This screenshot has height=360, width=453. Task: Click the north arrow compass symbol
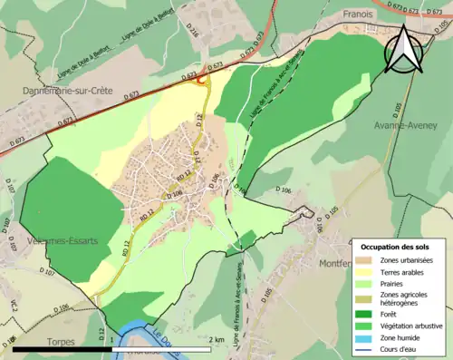[402, 51]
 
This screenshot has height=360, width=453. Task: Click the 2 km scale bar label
[216, 340]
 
